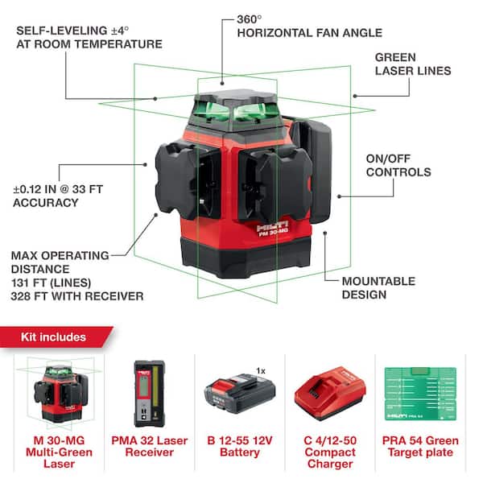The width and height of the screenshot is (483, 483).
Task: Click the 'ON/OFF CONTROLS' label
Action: [398, 165]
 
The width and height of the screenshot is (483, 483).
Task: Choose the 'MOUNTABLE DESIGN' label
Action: [378, 287]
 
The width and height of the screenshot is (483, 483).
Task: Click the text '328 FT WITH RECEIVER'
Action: [77, 297]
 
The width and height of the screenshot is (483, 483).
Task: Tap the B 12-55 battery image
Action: [240, 394]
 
